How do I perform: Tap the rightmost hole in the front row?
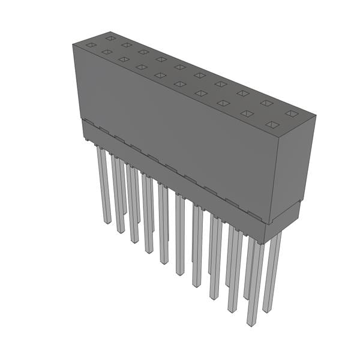point(272,125)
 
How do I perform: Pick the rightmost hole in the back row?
point(292,113)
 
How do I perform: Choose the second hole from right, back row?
point(266,103)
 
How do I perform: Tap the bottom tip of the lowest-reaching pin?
point(252,323)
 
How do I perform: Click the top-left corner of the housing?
point(73,44)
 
